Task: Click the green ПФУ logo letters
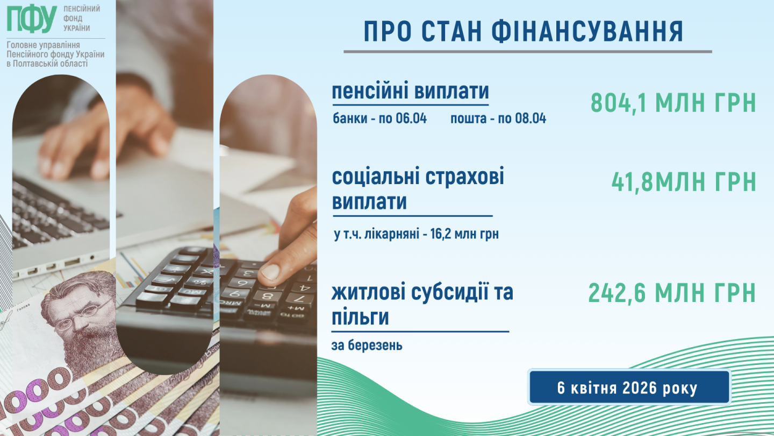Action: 32,19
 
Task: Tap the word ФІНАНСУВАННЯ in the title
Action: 587,31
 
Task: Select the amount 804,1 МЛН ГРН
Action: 673,103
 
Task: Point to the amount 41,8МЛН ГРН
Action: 684,182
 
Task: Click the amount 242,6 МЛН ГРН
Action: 672,293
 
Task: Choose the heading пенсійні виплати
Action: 411,91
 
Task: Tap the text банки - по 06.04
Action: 379,118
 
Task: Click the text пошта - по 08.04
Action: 498,118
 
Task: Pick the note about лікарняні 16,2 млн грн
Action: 417,234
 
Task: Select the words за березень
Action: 367,345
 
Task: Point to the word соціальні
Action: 376,177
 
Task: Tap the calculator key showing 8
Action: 267,296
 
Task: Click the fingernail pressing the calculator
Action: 270,271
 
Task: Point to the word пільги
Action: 360,318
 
